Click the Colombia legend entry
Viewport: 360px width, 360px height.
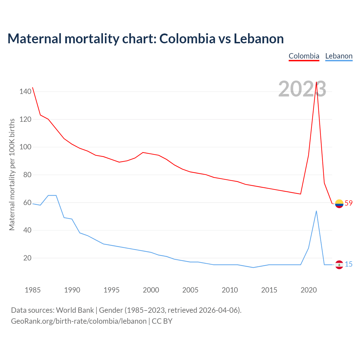point(304,56)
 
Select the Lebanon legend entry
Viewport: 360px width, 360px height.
point(339,56)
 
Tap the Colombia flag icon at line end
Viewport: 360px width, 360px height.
point(339,203)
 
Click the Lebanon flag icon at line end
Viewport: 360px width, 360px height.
point(339,265)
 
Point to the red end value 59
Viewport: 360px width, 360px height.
point(348,203)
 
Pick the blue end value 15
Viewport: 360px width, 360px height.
point(348,264)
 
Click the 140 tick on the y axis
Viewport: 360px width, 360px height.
point(25,91)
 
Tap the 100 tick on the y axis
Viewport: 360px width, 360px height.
point(25,147)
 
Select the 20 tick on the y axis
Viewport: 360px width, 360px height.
point(27,258)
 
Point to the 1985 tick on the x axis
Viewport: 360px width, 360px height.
point(33,290)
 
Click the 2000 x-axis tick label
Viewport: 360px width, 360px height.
point(151,290)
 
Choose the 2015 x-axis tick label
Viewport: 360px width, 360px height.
point(269,290)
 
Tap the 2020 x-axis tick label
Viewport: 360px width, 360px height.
point(309,290)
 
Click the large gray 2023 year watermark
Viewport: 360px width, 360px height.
point(302,89)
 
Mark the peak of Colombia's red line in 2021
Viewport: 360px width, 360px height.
point(316,82)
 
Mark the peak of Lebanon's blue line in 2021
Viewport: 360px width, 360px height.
point(316,211)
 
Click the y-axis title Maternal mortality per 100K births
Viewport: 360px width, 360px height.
point(12,174)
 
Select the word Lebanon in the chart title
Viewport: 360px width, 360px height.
point(259,39)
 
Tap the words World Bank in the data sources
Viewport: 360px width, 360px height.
point(75,310)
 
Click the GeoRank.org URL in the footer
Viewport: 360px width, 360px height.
point(79,321)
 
